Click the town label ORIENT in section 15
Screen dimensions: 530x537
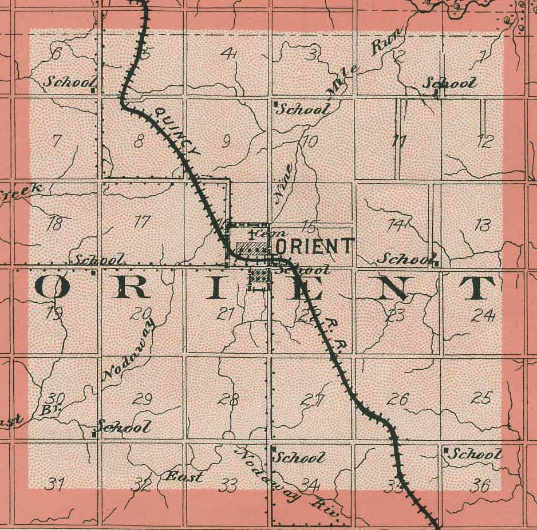click(x=314, y=246)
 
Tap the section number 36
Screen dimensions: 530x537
click(x=479, y=486)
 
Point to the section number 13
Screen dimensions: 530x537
click(x=483, y=225)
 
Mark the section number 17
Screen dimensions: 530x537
click(x=141, y=222)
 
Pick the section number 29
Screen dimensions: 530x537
click(x=142, y=400)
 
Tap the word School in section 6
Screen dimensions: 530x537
click(x=67, y=82)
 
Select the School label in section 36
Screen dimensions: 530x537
click(x=473, y=454)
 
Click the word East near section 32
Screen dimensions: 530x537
click(x=184, y=477)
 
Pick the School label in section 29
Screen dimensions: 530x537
click(x=124, y=427)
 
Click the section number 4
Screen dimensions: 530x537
click(x=229, y=54)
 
